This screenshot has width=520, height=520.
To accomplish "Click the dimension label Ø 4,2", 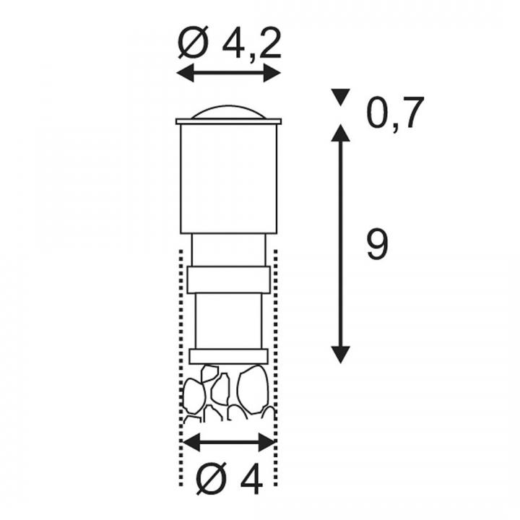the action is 230,43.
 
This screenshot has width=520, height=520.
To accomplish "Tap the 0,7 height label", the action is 394,113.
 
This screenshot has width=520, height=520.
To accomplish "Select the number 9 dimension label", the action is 377,244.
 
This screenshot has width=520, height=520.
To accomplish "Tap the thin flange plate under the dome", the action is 229,121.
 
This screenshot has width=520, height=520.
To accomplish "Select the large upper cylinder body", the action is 229,179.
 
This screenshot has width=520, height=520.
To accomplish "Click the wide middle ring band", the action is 229,279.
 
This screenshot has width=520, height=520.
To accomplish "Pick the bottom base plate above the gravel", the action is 229,356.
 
